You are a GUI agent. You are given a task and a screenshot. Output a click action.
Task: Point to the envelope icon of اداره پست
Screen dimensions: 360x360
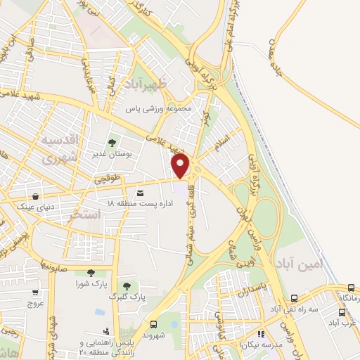coord(141,193)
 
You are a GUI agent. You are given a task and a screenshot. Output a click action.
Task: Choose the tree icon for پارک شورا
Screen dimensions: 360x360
coord(90,273)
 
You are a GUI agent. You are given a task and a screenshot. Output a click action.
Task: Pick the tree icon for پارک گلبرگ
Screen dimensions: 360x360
coord(127,286)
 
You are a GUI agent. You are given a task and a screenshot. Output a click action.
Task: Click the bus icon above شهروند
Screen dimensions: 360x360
coord(154,324)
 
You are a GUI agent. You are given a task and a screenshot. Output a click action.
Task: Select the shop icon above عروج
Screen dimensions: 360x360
coord(34,292)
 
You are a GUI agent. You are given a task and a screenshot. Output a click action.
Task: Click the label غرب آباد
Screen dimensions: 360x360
coord(345,322)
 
